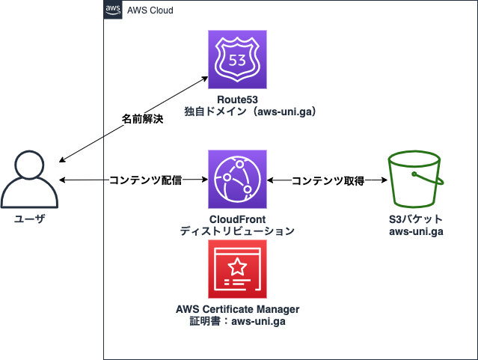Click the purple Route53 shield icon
(x=237, y=61)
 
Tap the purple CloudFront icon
(x=237, y=180)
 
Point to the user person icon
(x=29, y=180)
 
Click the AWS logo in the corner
(x=112, y=10)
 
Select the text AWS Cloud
(x=150, y=10)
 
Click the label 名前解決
(x=142, y=119)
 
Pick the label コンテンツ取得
(x=327, y=180)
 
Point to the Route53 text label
(x=237, y=100)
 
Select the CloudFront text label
(x=237, y=219)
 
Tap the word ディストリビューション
(x=237, y=231)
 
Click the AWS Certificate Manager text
(x=237, y=309)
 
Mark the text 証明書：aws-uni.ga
(x=237, y=321)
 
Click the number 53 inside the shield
(x=237, y=59)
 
